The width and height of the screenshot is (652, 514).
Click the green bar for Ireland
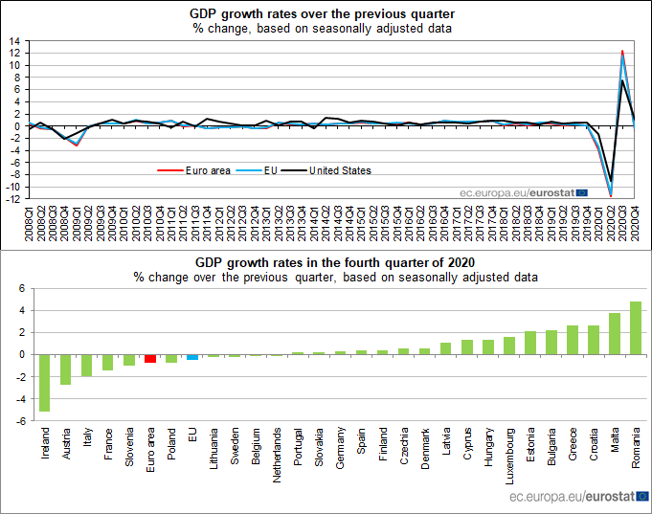(x=44, y=383)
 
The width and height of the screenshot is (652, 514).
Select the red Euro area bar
(x=150, y=358)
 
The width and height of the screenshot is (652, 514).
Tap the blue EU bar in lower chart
(x=192, y=357)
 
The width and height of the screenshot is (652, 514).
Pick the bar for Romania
(x=635, y=327)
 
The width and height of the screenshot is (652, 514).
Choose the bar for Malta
(x=614, y=333)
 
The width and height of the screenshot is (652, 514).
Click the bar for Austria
(x=65, y=369)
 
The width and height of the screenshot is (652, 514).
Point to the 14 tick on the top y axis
(x=15, y=42)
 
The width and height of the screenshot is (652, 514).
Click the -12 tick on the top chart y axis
(x=13, y=199)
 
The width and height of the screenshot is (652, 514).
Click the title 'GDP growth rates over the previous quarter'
(x=326, y=13)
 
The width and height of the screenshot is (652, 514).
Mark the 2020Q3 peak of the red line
(x=622, y=51)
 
